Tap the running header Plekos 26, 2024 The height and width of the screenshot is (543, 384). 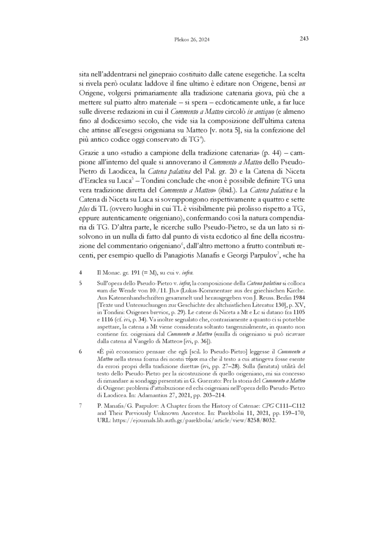(x=192, y=39)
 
